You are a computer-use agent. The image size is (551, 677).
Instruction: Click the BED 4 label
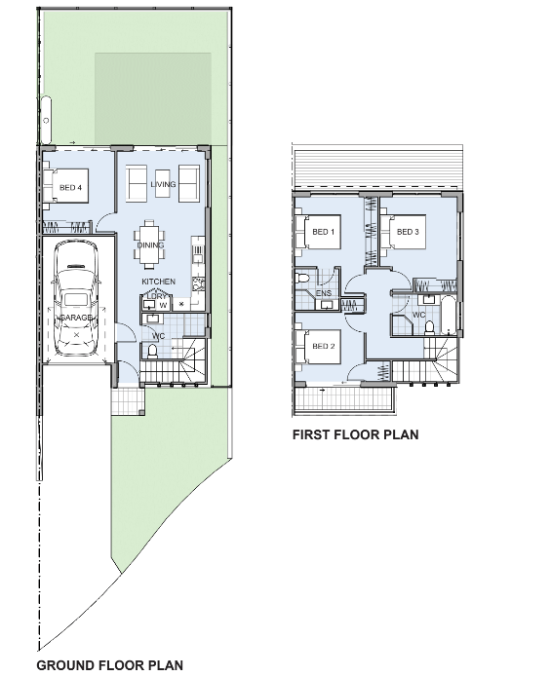pos(69,187)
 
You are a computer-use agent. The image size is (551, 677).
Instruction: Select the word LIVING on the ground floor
pos(162,184)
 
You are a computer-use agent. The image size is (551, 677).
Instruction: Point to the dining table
pos(151,244)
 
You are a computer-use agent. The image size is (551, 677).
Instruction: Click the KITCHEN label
pos(158,282)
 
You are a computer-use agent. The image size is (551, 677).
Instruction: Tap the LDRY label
pos(156,296)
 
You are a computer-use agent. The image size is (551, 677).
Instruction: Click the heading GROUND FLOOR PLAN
pos(109,666)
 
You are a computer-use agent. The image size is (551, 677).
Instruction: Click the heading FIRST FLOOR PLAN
pos(355,435)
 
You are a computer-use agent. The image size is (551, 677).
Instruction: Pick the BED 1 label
pos(324,232)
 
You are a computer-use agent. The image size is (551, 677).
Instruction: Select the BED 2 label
pos(324,346)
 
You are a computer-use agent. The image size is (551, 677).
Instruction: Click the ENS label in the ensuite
pos(324,292)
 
